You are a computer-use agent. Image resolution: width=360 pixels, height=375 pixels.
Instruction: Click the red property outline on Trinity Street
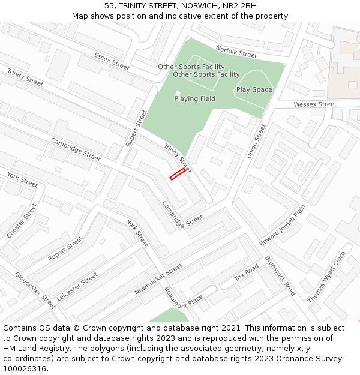(x=177, y=174)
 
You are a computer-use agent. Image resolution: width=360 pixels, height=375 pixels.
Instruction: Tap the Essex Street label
(x=112, y=61)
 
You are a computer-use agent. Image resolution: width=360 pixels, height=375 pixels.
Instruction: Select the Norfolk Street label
(x=236, y=52)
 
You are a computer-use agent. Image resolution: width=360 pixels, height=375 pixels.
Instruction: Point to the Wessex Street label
(x=315, y=104)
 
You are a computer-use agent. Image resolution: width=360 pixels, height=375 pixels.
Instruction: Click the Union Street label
(x=256, y=142)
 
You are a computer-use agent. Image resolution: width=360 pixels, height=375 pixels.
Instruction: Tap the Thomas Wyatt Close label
(x=327, y=277)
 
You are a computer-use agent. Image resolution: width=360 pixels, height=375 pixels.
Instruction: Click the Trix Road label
(x=247, y=273)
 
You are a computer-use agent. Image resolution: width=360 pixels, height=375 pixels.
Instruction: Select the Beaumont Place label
(x=184, y=296)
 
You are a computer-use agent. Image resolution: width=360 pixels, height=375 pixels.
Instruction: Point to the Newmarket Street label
(x=158, y=280)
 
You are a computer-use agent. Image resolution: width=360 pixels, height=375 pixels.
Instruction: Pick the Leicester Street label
(x=77, y=287)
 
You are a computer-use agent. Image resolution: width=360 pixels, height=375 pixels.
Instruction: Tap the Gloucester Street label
(x=36, y=290)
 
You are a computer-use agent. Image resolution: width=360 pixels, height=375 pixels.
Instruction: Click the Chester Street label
(x=22, y=220)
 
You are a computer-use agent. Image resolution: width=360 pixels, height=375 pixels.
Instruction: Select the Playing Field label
(x=195, y=98)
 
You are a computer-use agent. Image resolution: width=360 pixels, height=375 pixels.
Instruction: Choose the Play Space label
(x=254, y=90)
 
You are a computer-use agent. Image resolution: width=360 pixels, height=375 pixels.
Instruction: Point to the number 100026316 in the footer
(x=25, y=369)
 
